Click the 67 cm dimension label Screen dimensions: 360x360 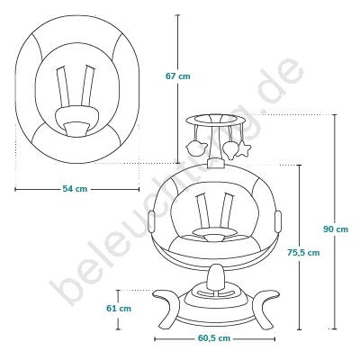[x=178, y=76]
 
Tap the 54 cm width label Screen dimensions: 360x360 [x=75, y=189]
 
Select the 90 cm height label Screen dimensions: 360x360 [x=336, y=229]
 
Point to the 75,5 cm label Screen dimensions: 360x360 [x=303, y=253]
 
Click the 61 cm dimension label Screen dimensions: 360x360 [x=119, y=308]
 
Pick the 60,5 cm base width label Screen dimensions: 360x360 [x=214, y=338]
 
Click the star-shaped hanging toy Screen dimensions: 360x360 [x=243, y=148]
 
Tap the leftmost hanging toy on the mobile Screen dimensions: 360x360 [x=196, y=148]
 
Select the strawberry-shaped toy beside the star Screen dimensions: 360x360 [x=230, y=149]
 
